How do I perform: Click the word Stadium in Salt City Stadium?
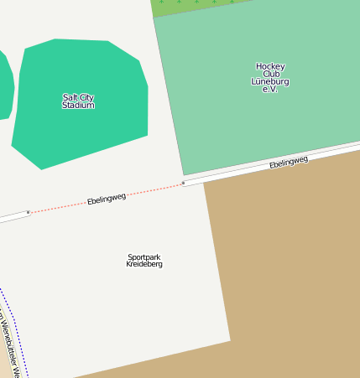[78, 106]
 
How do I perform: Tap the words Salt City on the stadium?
[78, 97]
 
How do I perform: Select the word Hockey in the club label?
[270, 66]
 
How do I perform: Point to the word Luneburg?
[270, 81]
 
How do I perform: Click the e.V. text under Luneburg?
[269, 89]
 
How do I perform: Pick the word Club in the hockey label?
[270, 74]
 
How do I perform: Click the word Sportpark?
[144, 256]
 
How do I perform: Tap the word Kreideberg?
[144, 264]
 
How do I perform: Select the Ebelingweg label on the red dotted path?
[107, 199]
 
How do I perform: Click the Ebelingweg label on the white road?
[288, 162]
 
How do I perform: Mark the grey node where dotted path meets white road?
[183, 183]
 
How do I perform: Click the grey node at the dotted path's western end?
[29, 212]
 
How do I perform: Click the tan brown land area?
[294, 268]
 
